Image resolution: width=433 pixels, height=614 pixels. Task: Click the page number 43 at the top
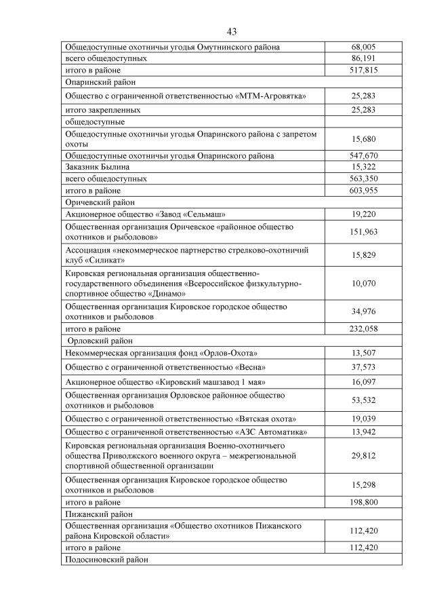coord(231,32)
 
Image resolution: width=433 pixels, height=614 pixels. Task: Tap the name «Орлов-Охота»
coord(228,353)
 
